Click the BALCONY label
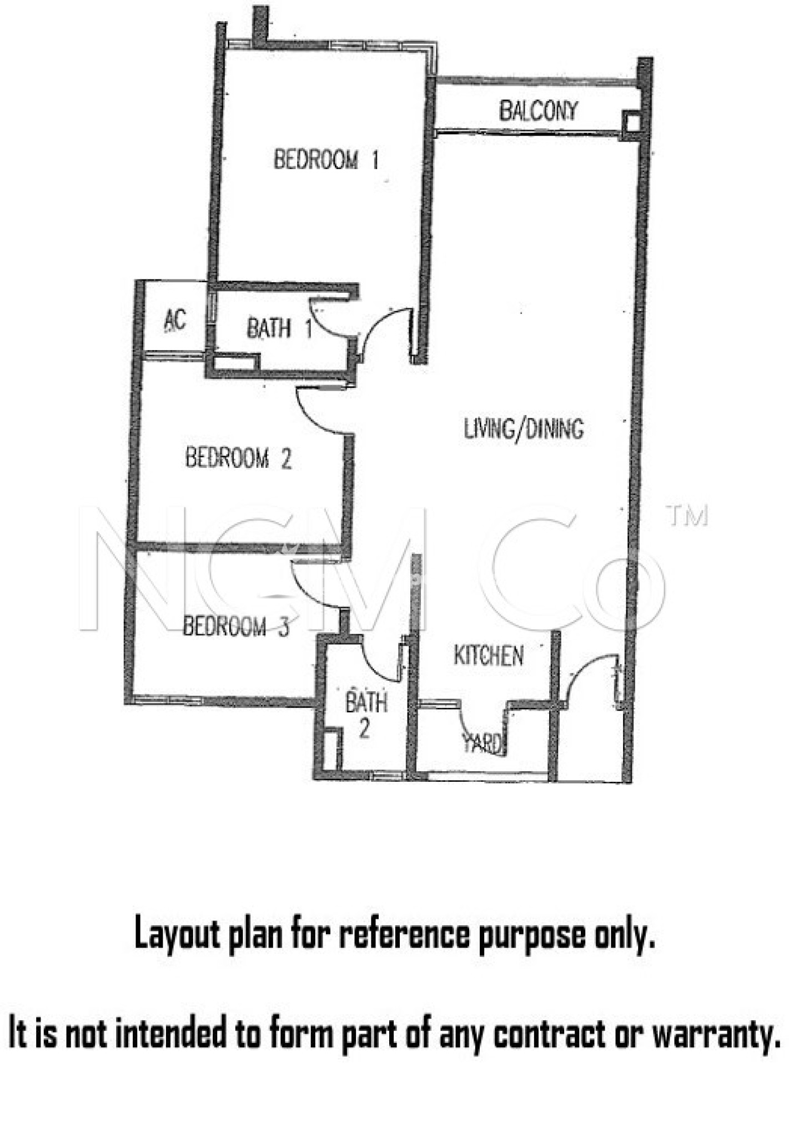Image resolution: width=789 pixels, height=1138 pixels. (538, 111)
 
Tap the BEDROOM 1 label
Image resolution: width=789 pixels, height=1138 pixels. (326, 160)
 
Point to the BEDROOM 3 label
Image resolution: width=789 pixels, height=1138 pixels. (236, 626)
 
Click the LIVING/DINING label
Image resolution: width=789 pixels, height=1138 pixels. (524, 429)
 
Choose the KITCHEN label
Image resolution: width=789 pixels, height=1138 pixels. (488, 656)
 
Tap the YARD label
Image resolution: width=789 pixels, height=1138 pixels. (483, 743)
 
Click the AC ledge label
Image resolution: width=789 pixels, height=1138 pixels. (175, 321)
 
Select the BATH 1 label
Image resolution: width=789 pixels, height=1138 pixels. (279, 328)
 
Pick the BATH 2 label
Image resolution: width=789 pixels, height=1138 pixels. (365, 714)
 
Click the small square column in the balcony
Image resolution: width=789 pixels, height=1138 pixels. (631, 122)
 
